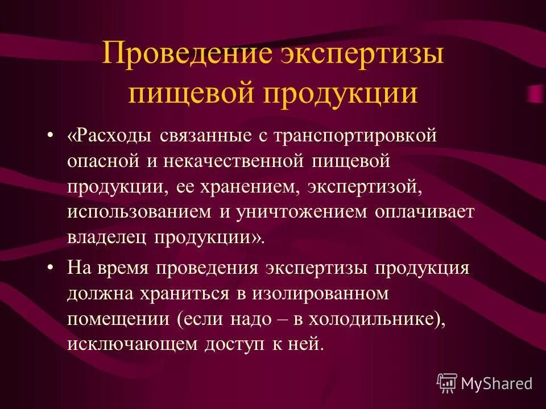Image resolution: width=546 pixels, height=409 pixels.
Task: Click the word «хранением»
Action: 247,187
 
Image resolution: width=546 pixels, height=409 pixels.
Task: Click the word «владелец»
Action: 106,237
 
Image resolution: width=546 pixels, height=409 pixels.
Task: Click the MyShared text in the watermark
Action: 497,383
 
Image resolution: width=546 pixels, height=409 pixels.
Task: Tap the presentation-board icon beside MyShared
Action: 447,383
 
